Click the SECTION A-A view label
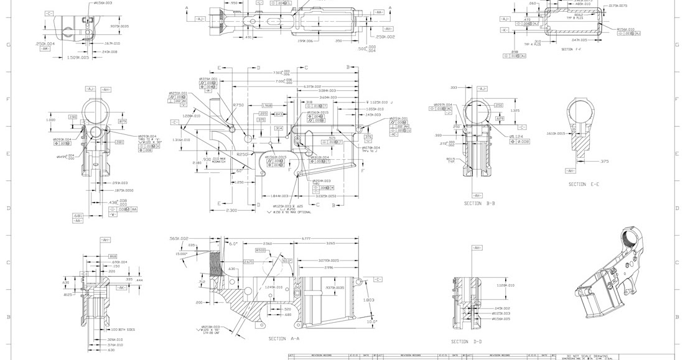284,339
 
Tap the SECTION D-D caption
467,341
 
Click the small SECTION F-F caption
571,49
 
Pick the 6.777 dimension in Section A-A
305,239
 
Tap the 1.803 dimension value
368,300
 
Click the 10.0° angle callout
372,321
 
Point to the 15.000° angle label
181,254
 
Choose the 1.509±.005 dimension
78,57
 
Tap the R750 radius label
238,105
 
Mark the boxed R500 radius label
261,250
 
